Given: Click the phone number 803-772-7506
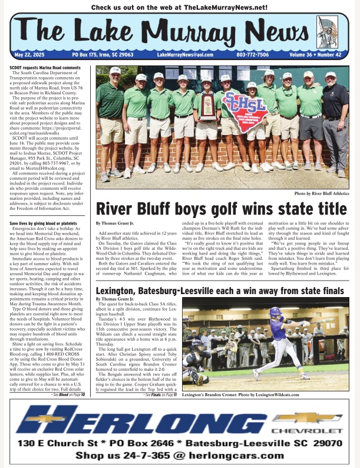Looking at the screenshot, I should [253, 55].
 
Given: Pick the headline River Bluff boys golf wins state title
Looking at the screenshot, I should [222, 209].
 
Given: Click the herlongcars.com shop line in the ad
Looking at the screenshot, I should [180, 456].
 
